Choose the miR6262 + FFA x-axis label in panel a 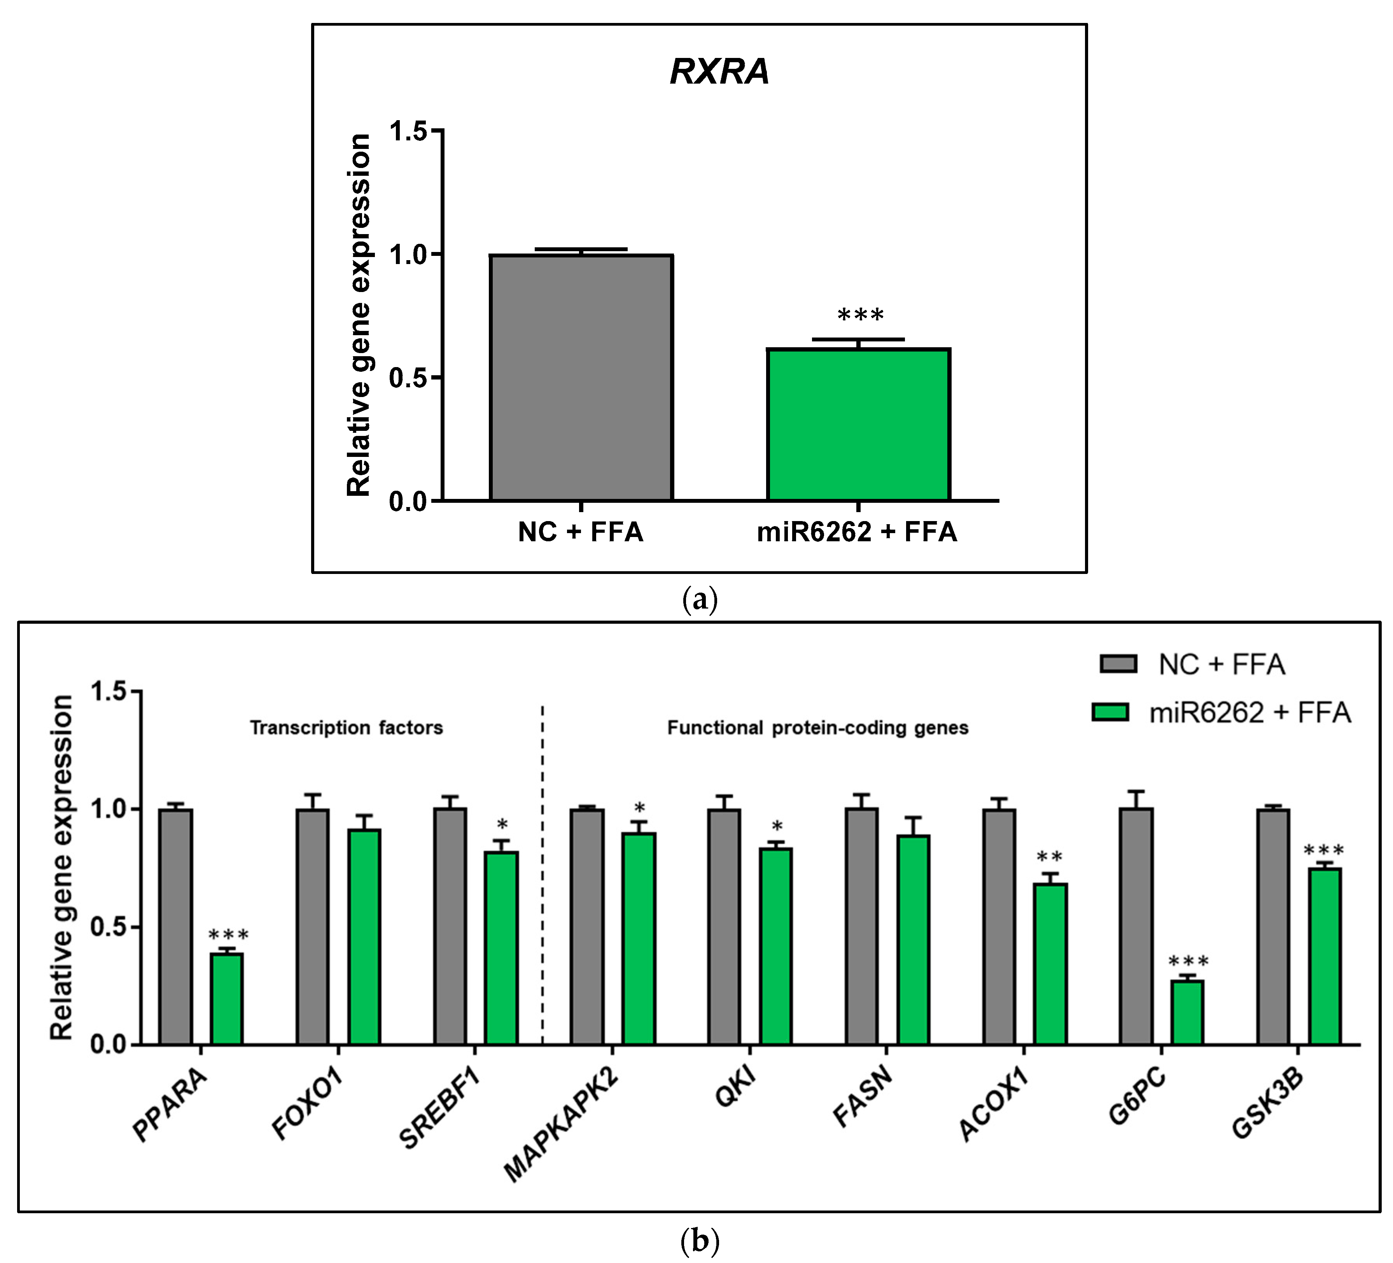(857, 532)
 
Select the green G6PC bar (1187, 1012)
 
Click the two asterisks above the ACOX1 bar (1050, 857)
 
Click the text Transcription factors (346, 728)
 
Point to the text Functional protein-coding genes (817, 728)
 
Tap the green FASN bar (913, 939)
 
